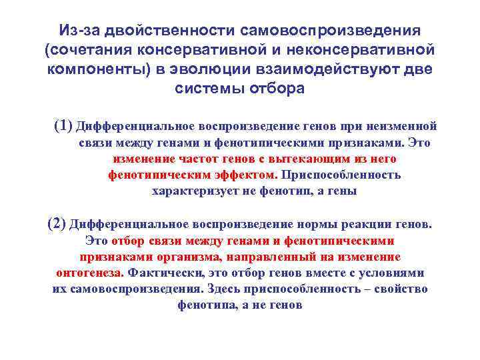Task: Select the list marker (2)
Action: tap(57, 223)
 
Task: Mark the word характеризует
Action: tap(193, 191)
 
